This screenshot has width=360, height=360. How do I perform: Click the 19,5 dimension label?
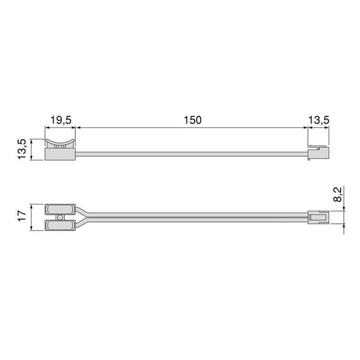coord(60,120)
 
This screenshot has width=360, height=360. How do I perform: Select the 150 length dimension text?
coord(192,120)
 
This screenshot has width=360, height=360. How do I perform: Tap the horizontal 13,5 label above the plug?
coord(318,120)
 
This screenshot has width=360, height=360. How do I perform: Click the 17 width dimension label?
coord(22,216)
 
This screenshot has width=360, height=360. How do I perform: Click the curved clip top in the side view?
coord(59,143)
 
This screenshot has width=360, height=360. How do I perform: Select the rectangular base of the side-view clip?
coord(59,154)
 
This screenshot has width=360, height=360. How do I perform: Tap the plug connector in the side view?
coord(318,154)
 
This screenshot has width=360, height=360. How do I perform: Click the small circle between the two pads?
coord(59,217)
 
